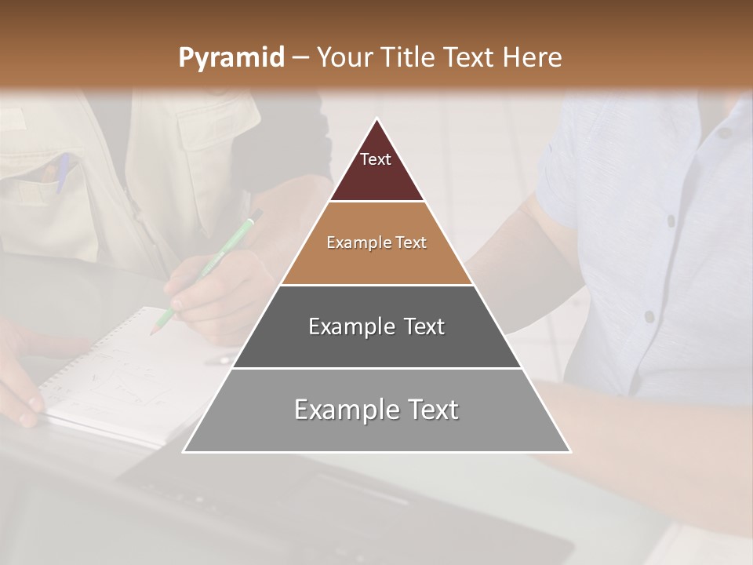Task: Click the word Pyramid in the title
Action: pos(231,58)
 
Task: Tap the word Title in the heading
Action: pos(413,57)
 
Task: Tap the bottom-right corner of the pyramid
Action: pos(569,451)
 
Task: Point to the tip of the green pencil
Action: pos(153,334)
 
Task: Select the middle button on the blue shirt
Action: pos(671,221)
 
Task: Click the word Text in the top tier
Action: pos(376,159)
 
